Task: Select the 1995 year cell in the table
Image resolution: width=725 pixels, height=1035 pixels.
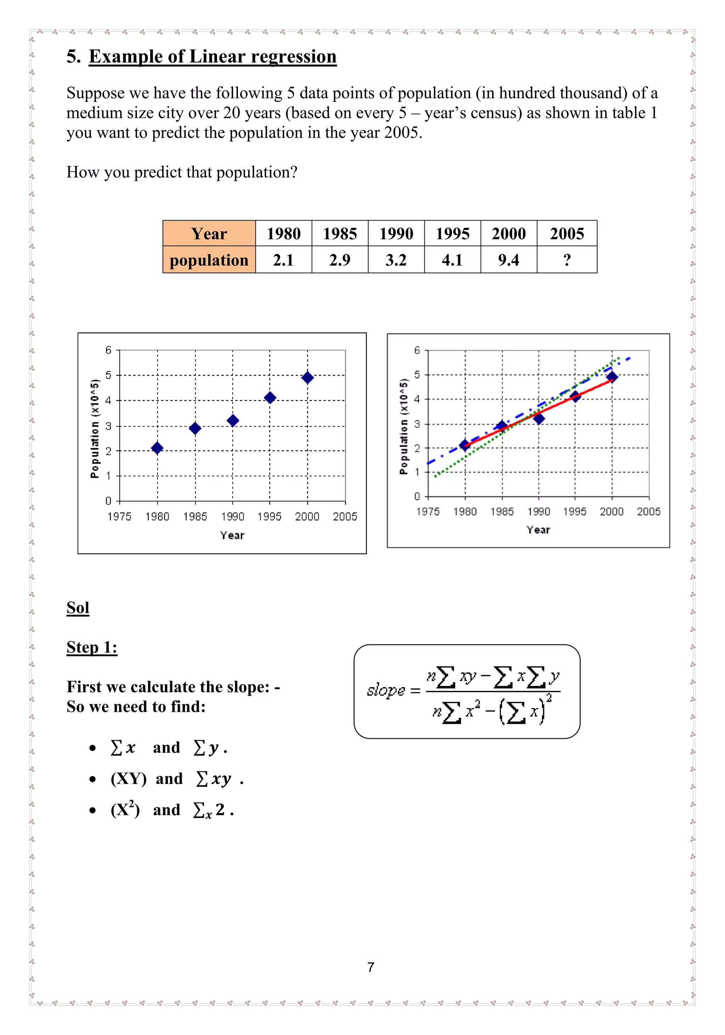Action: [x=452, y=234]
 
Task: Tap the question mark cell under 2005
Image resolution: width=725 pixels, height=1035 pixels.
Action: [x=567, y=260]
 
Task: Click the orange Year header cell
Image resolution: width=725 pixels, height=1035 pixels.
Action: [x=209, y=234]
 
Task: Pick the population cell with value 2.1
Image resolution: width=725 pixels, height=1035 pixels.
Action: [x=283, y=260]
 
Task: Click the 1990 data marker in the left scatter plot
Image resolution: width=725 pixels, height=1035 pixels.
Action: [x=233, y=421]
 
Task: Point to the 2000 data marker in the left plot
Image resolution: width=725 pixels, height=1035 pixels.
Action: [x=308, y=377]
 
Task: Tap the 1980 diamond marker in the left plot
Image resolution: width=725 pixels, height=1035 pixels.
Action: [x=157, y=448]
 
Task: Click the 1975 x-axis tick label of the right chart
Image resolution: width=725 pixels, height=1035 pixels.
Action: [x=427, y=511]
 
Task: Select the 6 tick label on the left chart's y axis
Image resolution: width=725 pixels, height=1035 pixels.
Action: [x=108, y=350]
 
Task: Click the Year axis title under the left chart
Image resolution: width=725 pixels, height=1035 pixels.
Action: [x=232, y=535]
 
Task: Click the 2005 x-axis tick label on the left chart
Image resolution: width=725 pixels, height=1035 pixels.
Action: [x=345, y=516]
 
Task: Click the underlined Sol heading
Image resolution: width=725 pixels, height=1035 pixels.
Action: [x=78, y=608]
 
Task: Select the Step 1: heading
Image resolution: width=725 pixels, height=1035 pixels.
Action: [x=92, y=647]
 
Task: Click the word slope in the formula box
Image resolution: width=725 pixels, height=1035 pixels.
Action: [x=386, y=690]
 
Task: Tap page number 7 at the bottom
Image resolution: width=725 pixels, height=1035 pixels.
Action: [x=371, y=967]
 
